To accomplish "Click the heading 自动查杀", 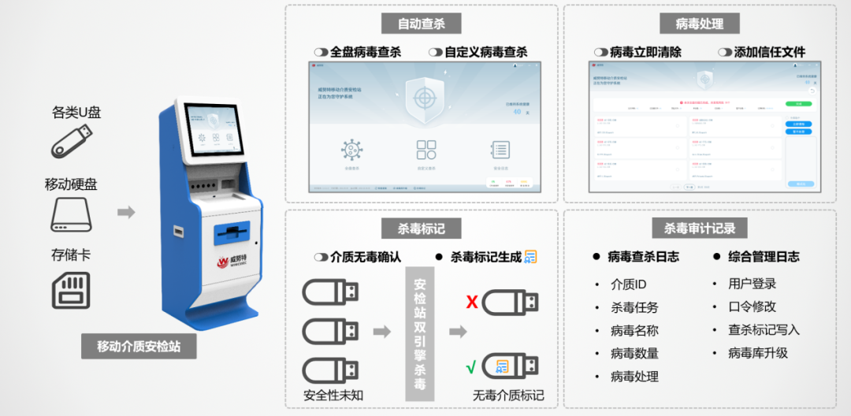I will click(x=422, y=24).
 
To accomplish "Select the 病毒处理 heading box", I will click(x=699, y=24).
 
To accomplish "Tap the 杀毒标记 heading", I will click(x=422, y=228).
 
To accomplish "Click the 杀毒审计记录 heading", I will click(x=699, y=228).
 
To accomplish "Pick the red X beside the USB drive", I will click(x=472, y=303).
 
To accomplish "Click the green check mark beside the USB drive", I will click(x=472, y=367).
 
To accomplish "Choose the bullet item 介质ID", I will click(x=628, y=284).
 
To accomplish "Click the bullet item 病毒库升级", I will click(x=757, y=353).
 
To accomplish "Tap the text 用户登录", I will click(x=753, y=284).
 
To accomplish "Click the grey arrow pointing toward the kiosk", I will click(x=126, y=212).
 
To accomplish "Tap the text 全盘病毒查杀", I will click(x=365, y=52).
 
